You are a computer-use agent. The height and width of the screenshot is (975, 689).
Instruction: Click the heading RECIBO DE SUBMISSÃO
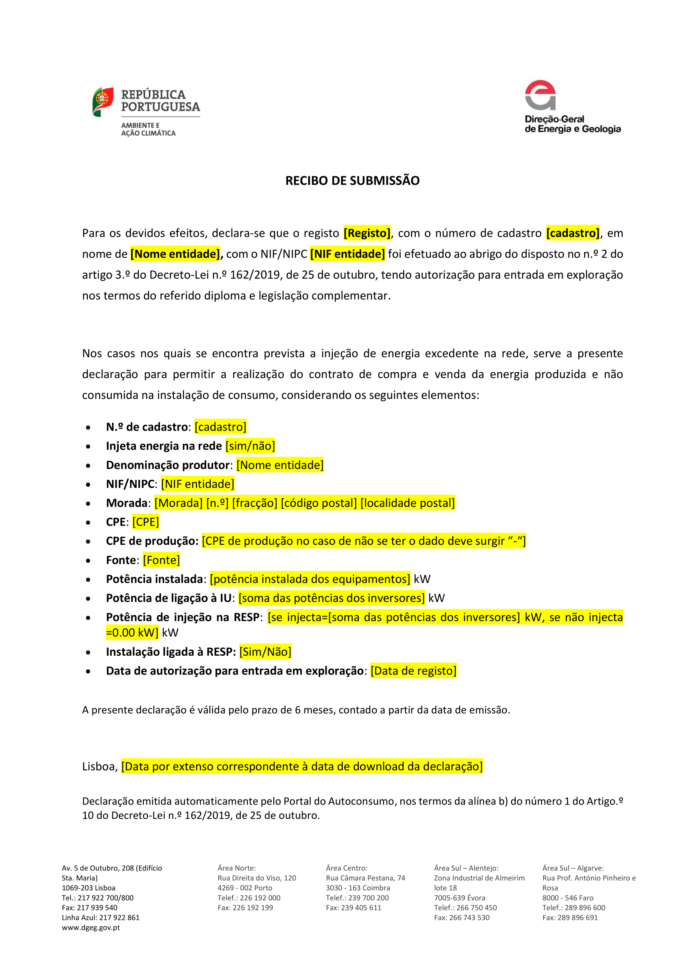point(352,181)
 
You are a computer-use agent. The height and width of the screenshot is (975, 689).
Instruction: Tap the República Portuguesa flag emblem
point(102,101)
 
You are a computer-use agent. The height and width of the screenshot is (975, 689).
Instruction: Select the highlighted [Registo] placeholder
point(367,233)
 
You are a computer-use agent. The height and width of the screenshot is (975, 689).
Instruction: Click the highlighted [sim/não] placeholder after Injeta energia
point(250,446)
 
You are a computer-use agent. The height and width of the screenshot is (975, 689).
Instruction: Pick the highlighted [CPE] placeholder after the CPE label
point(145,522)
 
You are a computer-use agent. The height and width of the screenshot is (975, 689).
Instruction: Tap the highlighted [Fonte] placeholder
point(161,560)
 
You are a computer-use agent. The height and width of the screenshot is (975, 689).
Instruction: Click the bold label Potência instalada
point(155,579)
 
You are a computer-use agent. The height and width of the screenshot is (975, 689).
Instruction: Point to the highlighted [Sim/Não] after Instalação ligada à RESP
point(266,652)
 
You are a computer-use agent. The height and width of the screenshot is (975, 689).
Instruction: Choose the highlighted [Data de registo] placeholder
point(414,671)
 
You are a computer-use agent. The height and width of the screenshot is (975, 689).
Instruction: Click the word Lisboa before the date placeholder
point(99,767)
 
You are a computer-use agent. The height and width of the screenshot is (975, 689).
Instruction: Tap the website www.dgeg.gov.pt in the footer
point(91,927)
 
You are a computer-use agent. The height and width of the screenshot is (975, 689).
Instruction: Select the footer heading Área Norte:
point(237,868)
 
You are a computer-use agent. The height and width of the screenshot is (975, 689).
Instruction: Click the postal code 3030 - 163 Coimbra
point(358,888)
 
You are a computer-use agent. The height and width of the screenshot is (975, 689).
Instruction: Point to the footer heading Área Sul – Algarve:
point(573,868)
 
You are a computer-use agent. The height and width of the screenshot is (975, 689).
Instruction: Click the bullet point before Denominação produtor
point(88,466)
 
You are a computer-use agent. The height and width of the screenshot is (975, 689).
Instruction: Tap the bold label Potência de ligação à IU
point(168,598)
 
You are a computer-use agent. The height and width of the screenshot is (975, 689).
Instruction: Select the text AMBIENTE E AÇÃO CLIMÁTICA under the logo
point(148,129)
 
